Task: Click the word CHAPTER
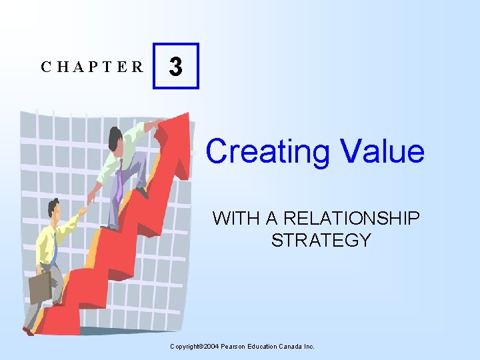(x=92, y=67)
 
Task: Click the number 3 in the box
(x=175, y=67)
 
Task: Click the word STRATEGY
(x=321, y=240)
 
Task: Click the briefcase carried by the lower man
(x=39, y=287)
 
